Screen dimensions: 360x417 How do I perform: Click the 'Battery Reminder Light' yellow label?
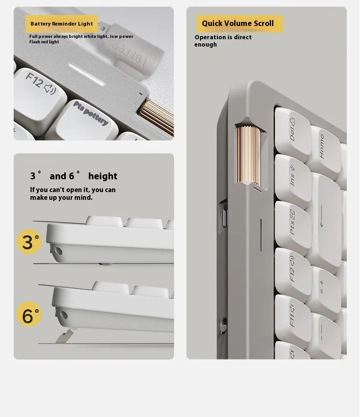click(x=62, y=24)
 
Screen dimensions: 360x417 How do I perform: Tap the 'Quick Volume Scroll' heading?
click(x=238, y=23)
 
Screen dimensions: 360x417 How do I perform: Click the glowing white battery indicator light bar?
click(x=86, y=74)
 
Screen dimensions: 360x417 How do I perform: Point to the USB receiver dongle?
click(x=130, y=51)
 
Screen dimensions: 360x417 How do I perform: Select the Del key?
click(x=292, y=132)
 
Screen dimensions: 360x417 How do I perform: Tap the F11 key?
click(x=292, y=318)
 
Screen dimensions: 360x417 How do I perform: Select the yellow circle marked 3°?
click(x=29, y=242)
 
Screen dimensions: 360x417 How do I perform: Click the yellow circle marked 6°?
click(x=29, y=314)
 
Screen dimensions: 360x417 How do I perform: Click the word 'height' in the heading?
click(x=103, y=176)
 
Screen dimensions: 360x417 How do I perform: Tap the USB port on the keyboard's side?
click(x=224, y=217)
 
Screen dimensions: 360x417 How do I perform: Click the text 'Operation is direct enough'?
click(x=223, y=41)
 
